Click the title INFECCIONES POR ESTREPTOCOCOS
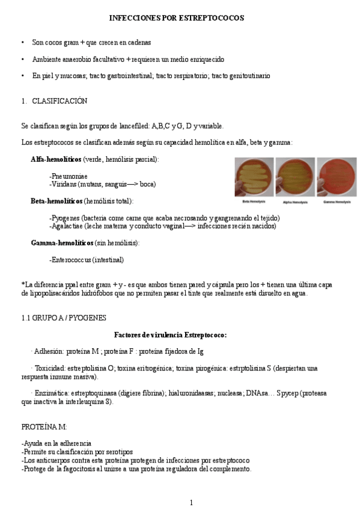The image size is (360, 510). (176, 18)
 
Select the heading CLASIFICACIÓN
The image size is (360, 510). (59, 101)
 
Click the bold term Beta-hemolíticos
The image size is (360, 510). (56, 201)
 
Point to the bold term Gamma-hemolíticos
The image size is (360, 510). (62, 242)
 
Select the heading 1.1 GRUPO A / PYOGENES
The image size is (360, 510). (63, 318)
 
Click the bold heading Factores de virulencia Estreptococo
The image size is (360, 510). (170, 334)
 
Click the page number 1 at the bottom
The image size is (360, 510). (191, 502)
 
